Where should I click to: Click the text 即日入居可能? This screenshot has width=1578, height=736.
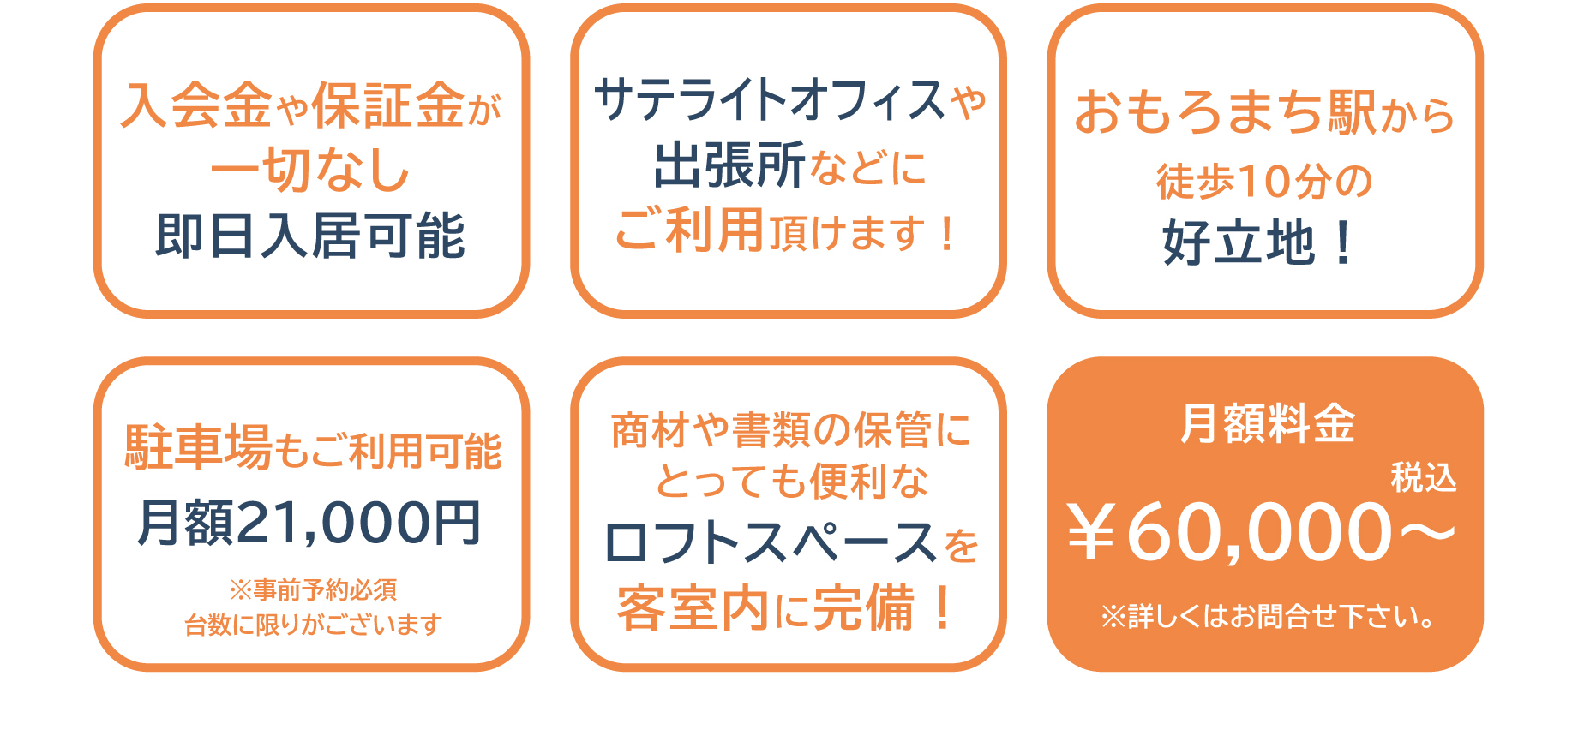coord(310,236)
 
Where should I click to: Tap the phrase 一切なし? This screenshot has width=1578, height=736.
coord(310,169)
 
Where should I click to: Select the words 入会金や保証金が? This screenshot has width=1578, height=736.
coord(310,105)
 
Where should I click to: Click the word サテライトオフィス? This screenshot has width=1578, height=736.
coord(769,99)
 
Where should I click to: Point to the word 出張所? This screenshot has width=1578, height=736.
coord(729,165)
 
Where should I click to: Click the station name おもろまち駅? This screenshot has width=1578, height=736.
coord(1226,112)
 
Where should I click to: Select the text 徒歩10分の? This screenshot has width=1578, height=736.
coord(1264,181)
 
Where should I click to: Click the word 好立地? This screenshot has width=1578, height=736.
coord(1238,242)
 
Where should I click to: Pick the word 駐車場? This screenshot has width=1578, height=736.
coord(199,447)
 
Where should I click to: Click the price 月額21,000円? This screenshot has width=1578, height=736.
coord(309,522)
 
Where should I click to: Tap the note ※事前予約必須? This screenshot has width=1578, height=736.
coord(313,589)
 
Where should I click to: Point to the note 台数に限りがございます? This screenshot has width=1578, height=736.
coord(313,625)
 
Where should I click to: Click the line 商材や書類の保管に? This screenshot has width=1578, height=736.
coord(790,429)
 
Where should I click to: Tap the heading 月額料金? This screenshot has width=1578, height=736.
coord(1267,423)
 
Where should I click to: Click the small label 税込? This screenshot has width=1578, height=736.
coord(1423,477)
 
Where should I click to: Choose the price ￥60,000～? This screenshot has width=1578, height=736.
coord(1261,532)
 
